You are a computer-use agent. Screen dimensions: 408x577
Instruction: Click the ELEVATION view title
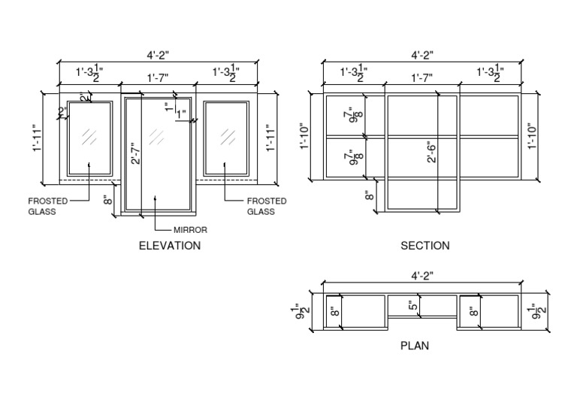(170, 246)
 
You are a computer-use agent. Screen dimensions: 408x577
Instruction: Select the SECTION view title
(425, 246)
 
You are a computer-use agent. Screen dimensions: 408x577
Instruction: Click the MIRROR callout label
(190, 230)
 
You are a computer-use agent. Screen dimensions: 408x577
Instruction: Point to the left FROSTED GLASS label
(47, 206)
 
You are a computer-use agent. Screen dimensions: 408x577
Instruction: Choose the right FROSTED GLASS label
(267, 206)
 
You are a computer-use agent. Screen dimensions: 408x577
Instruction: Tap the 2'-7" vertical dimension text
(135, 153)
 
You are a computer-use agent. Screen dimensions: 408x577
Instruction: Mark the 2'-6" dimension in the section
(434, 153)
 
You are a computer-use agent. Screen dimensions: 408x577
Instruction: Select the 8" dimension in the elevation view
(108, 199)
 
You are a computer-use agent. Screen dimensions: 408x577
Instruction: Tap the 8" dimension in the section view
(369, 195)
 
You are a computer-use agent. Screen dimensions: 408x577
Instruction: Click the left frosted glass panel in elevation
(89, 138)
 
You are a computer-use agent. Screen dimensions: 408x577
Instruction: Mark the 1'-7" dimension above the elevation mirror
(159, 77)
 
